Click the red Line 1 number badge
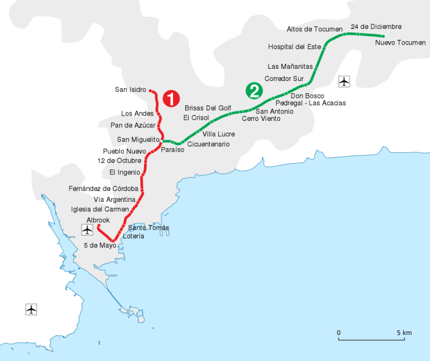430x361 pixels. [x=171, y=98]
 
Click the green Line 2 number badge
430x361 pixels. [x=254, y=91]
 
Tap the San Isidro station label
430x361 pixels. [x=130, y=90]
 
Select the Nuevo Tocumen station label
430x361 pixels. [x=400, y=43]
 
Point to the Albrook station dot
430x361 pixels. [x=99, y=226]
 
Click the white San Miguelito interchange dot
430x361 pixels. [x=161, y=141]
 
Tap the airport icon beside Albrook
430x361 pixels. [x=87, y=230]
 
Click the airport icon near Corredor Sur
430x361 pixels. [x=344, y=82]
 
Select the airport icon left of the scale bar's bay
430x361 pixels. [x=31, y=310]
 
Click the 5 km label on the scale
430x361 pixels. [x=404, y=333]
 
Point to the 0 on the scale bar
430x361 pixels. [x=339, y=333]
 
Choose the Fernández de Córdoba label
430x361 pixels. [x=104, y=189]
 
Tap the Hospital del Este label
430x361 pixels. [x=295, y=47]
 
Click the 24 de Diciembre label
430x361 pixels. [x=376, y=27]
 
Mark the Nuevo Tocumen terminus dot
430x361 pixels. [x=383, y=36]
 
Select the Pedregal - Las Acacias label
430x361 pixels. [x=311, y=103]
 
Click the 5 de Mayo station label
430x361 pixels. [x=100, y=245]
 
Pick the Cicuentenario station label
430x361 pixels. [x=208, y=144]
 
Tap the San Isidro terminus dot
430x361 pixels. [x=150, y=90]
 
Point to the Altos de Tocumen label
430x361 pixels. [x=315, y=29]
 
